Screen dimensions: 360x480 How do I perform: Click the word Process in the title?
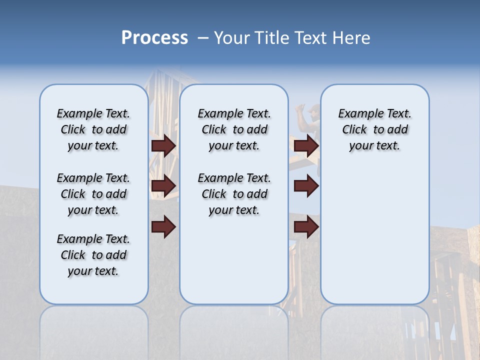(x=154, y=37)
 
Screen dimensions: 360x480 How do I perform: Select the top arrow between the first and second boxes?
(x=163, y=145)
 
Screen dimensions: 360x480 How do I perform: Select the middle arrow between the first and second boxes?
(x=163, y=186)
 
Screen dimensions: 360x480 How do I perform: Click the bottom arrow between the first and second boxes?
(x=163, y=227)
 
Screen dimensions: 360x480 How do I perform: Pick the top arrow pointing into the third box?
(x=306, y=145)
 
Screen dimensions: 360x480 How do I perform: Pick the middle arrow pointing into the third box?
(x=306, y=186)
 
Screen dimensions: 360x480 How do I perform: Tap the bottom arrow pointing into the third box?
(x=306, y=227)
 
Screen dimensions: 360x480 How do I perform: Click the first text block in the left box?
(x=93, y=129)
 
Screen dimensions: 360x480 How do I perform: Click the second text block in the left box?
(x=93, y=194)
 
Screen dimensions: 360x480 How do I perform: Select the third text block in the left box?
(x=93, y=255)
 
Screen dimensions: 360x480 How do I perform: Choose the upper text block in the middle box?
(x=234, y=129)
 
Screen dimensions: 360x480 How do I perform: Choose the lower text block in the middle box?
(x=234, y=194)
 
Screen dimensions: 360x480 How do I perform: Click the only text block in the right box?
(x=374, y=129)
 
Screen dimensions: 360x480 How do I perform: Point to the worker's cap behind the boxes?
(x=313, y=109)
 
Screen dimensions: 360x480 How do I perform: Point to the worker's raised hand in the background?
(x=300, y=108)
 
